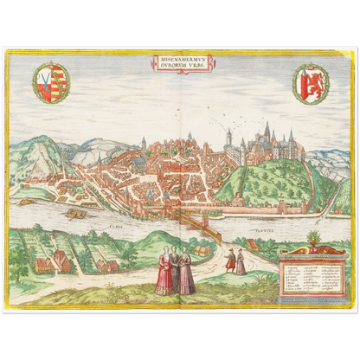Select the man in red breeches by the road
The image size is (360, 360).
tap(229, 259)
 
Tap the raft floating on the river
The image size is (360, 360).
tap(75, 211)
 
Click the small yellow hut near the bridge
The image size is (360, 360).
tap(202, 250)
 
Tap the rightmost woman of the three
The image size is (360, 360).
tap(186, 274)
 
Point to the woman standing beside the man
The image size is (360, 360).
tap(241, 261)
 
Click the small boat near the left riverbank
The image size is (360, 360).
tap(25, 202)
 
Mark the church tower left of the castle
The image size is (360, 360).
tap(228, 138)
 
